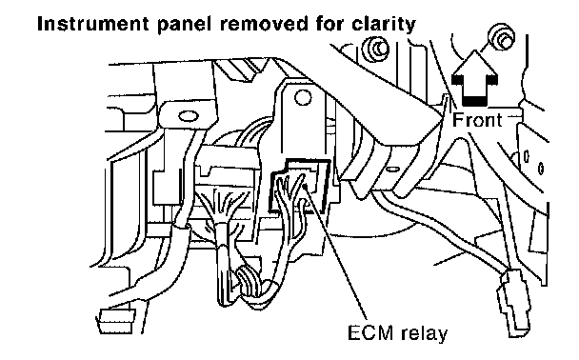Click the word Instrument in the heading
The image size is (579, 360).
(92, 25)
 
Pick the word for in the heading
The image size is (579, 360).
(329, 25)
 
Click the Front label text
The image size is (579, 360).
(477, 120)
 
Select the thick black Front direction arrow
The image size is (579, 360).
(475, 78)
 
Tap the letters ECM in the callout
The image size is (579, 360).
(370, 332)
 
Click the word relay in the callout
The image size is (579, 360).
(425, 333)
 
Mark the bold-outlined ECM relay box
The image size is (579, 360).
(300, 185)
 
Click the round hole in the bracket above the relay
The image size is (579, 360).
(303, 98)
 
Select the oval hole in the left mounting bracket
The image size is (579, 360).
(189, 117)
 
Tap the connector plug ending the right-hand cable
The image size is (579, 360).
(514, 302)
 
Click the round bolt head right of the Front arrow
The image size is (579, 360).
(502, 36)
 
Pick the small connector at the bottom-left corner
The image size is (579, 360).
(116, 321)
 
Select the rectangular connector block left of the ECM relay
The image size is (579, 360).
(229, 166)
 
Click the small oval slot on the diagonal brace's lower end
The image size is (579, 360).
(392, 170)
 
